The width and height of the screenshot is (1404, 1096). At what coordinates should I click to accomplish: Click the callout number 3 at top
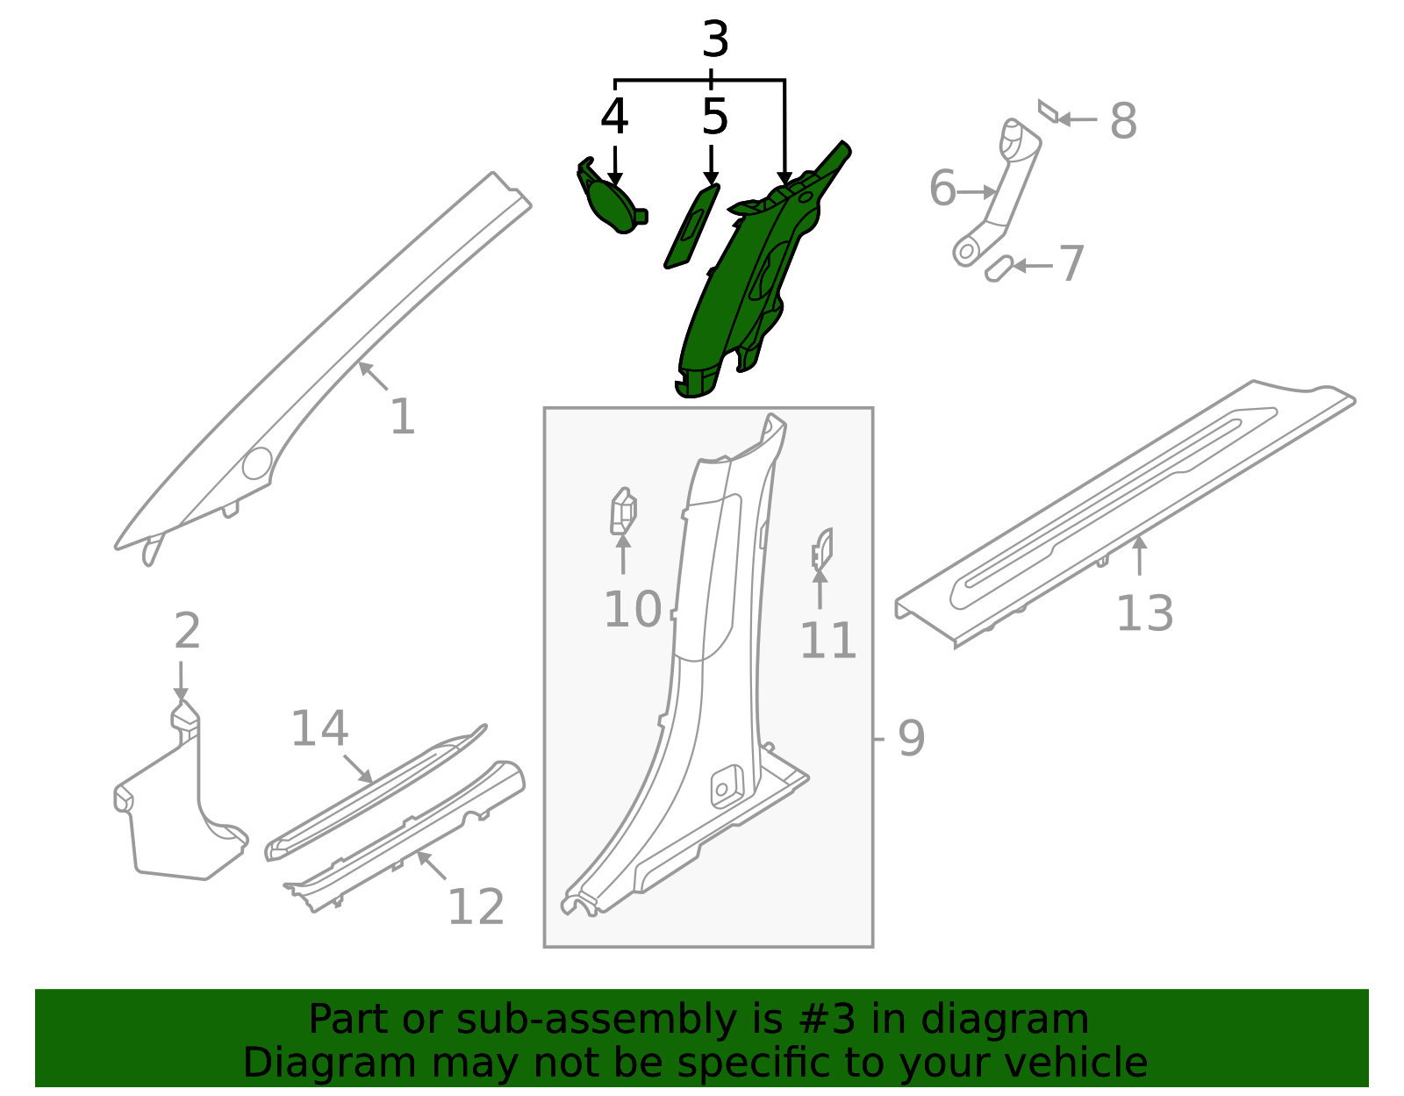tap(715, 40)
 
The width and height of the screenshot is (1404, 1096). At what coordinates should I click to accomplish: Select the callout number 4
tap(614, 117)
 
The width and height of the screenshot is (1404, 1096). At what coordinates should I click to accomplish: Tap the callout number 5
tap(714, 117)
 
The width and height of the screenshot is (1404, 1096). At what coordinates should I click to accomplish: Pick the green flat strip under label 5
tap(691, 226)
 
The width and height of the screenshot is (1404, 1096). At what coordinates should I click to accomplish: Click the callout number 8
tap(1123, 121)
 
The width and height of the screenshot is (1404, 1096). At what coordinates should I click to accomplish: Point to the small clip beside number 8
tap(1047, 111)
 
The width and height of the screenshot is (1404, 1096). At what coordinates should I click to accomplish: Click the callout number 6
tap(942, 189)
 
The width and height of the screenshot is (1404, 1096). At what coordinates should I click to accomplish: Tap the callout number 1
tap(402, 417)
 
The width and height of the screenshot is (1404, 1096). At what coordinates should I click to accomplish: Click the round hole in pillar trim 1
tap(258, 463)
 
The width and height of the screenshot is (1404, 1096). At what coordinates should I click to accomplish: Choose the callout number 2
tap(187, 631)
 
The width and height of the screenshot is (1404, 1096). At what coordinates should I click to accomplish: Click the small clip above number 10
tap(623, 512)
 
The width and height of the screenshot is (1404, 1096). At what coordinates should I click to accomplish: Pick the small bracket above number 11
tap(821, 547)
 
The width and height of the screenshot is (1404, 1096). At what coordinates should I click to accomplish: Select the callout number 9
tap(911, 738)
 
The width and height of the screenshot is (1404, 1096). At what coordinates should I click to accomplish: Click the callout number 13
tap(1144, 613)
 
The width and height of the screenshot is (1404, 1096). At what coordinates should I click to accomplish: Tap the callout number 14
tap(319, 729)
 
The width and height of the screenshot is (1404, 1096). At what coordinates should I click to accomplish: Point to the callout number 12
tap(476, 907)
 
